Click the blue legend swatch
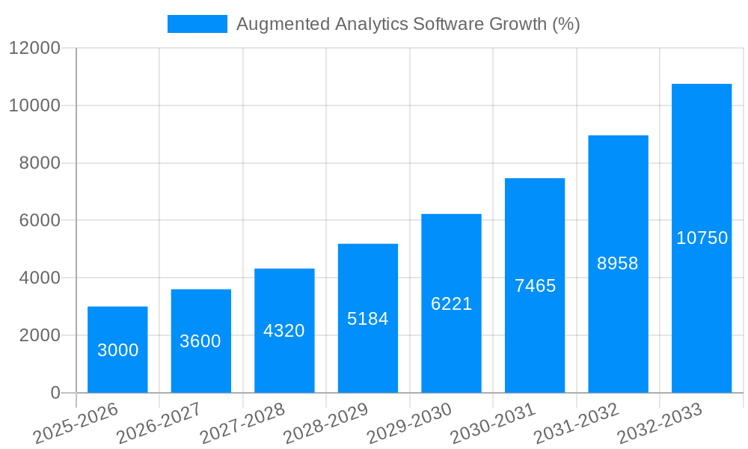(x=197, y=24)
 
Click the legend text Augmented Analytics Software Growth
(x=408, y=24)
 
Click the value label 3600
(x=200, y=341)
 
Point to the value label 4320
(x=284, y=331)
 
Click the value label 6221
(x=451, y=304)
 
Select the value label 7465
(x=535, y=286)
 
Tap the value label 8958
(x=618, y=263)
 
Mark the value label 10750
(x=702, y=238)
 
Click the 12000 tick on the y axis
(x=34, y=49)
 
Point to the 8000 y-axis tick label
(x=39, y=163)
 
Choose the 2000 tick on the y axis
(x=39, y=335)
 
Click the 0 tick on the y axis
(x=55, y=393)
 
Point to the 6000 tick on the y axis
(x=39, y=221)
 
